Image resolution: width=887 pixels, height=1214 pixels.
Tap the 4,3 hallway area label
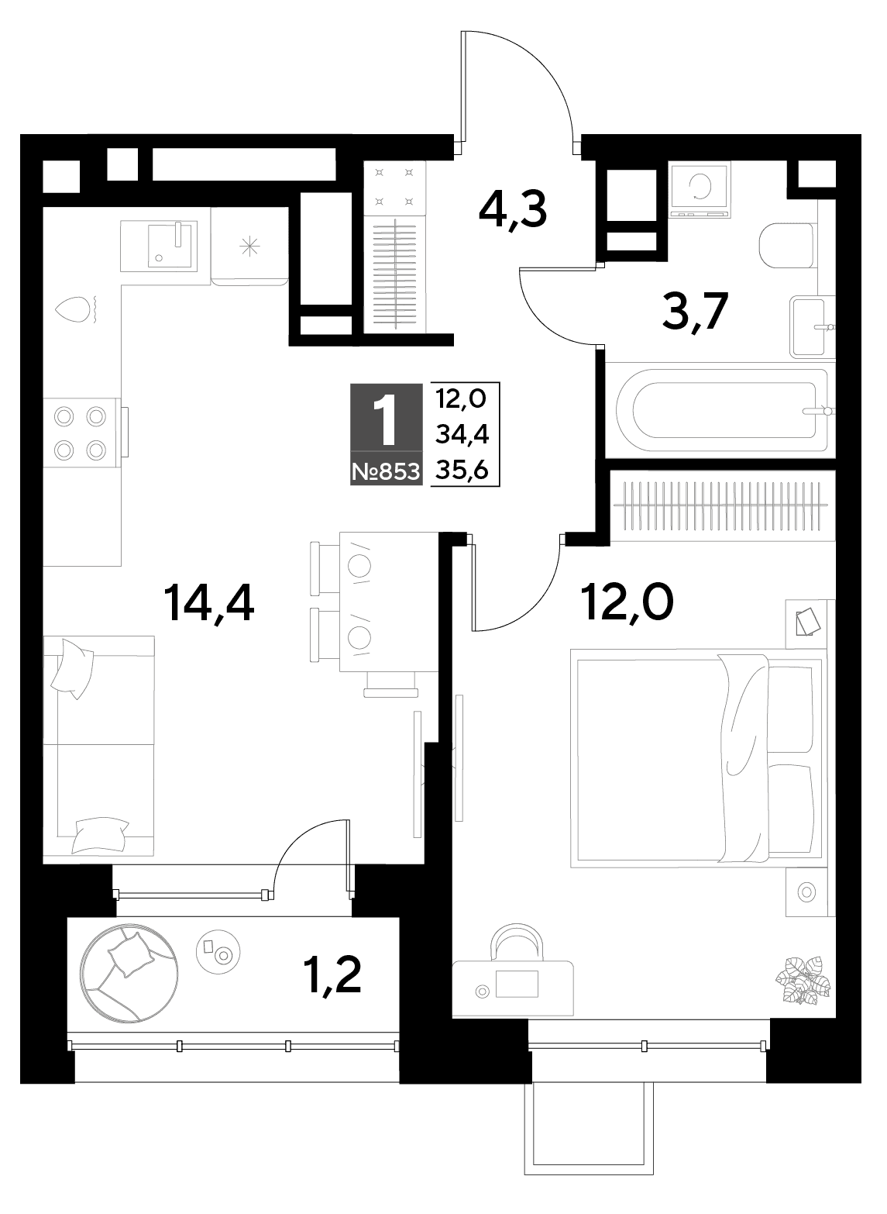(513, 209)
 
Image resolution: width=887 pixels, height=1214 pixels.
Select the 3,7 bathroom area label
(696, 311)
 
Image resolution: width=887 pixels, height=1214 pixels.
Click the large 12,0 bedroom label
(627, 603)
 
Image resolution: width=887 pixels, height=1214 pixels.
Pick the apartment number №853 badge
(386, 472)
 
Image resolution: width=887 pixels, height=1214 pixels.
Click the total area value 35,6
(462, 471)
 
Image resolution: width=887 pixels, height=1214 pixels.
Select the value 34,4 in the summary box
(462, 435)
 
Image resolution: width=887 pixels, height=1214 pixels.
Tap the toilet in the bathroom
(787, 246)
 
